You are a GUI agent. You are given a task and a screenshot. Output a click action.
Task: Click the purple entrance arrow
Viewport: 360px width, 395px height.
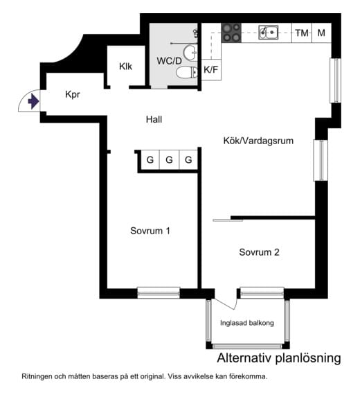[33, 101]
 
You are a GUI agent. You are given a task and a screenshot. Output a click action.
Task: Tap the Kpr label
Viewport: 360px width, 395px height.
[73, 94]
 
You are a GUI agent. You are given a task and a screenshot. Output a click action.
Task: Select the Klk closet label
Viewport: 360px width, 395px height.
[125, 67]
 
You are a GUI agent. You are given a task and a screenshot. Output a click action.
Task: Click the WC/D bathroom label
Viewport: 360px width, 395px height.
[169, 61]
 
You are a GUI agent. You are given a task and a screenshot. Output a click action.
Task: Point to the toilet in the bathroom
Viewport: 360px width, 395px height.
[187, 73]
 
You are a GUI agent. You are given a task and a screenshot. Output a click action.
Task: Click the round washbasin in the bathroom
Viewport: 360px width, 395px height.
[190, 53]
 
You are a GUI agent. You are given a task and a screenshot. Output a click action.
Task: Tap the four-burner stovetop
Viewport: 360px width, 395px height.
[231, 33]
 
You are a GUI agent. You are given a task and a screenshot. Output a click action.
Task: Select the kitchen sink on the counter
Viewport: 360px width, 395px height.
[269, 33]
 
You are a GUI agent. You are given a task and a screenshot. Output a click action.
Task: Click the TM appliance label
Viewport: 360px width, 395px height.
[302, 33]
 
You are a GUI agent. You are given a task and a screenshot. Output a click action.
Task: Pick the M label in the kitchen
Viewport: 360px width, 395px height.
[321, 33]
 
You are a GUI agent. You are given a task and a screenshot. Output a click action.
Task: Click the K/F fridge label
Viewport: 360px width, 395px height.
[211, 69]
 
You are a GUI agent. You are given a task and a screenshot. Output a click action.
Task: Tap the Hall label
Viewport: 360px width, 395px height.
[154, 119]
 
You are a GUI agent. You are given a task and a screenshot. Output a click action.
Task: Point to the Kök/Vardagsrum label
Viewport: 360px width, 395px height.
[258, 141]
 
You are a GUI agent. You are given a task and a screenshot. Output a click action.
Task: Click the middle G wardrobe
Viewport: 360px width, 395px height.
[169, 159]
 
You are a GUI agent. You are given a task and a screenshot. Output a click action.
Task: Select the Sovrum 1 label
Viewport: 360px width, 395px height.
[150, 231]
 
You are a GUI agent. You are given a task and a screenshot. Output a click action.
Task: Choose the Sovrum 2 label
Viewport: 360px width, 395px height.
[259, 252]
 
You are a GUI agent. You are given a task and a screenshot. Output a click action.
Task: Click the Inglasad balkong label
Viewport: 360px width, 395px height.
[247, 323]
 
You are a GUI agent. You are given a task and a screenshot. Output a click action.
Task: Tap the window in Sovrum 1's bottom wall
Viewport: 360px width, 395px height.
[159, 292]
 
